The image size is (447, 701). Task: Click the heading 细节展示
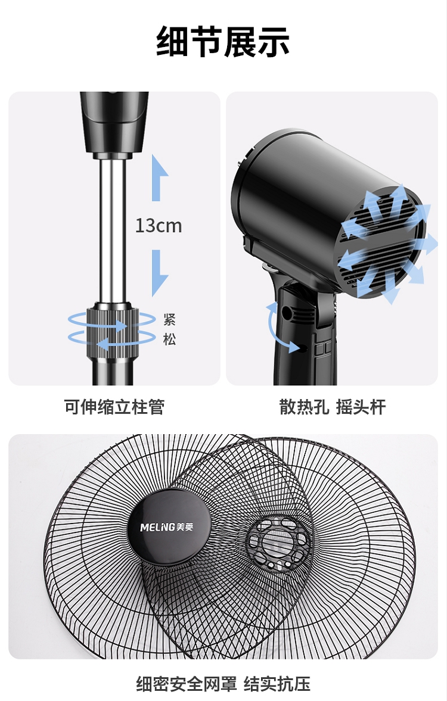coord(223,42)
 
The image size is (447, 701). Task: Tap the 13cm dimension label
coord(158,226)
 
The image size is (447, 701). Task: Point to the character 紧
coord(169,319)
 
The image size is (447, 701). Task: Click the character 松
coord(169,340)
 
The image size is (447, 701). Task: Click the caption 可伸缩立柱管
coord(114,407)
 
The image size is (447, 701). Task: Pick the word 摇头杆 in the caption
coord(361,407)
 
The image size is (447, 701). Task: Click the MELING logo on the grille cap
coord(167,526)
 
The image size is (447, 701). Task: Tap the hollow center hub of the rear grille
coord(275,543)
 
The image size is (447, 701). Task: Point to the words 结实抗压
coord(277,683)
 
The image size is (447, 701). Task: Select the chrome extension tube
coord(112,229)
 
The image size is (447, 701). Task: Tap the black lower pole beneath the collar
coord(112,372)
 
